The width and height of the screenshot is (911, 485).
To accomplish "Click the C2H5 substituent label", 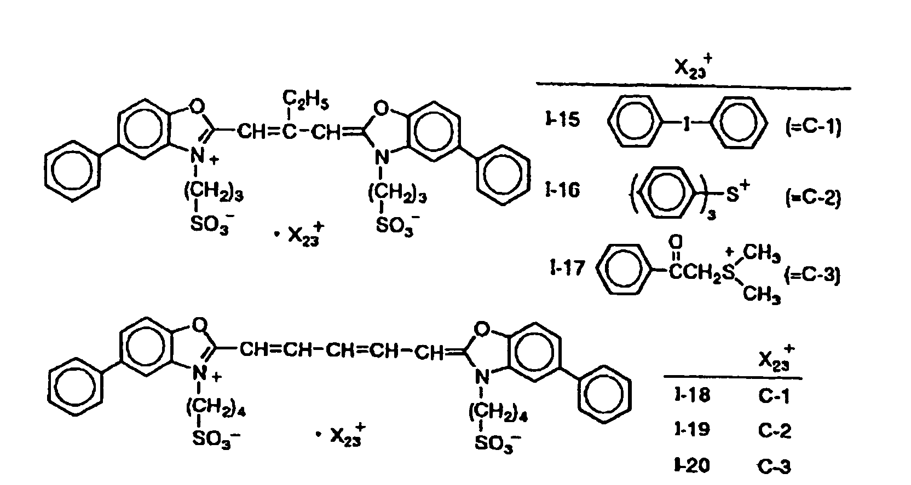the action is coord(305,100).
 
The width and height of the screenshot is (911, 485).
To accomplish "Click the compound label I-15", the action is coord(563,119).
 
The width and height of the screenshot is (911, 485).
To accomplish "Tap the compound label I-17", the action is coord(568,268).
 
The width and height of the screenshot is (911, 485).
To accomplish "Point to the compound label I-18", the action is coord(692,395).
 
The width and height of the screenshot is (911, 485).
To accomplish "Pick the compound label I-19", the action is coord(692,429).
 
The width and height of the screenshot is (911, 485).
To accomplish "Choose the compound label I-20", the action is coord(692,465).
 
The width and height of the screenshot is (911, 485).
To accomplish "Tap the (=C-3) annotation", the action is coord(812,276).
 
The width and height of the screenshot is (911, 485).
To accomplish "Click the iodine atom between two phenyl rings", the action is coord(686,124).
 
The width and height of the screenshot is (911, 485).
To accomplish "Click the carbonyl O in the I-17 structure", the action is coord(675,242).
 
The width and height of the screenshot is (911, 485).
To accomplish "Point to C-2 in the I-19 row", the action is coord(775,430).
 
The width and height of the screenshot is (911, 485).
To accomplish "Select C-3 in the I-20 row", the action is coord(775,466).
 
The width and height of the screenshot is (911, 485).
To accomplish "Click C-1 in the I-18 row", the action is coord(774,396).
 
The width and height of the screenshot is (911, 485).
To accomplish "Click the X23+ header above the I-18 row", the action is coord(776,358).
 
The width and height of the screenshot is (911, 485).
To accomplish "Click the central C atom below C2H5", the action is coord(289,132).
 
